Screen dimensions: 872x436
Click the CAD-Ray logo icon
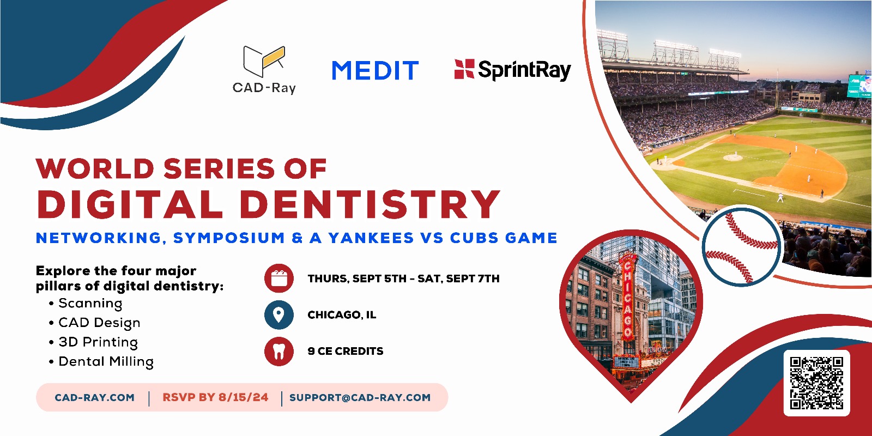[264, 62]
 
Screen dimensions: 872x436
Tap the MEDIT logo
[375, 70]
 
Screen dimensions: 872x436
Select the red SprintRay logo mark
[464, 69]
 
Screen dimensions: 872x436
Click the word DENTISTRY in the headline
[370, 204]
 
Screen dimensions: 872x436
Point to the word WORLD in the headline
[95, 168]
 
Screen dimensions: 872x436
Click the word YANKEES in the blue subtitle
[371, 238]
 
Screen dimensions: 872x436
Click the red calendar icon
[278, 278]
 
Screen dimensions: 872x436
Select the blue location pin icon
[278, 314]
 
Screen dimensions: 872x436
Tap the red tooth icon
[278, 351]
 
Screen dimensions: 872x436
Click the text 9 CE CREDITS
[346, 351]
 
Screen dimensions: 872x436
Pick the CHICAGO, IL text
[342, 315]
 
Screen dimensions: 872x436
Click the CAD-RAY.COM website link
[95, 397]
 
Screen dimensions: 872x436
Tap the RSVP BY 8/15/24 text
[215, 397]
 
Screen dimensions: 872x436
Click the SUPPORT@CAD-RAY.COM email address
[360, 397]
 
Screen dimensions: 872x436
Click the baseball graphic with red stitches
[742, 247]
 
